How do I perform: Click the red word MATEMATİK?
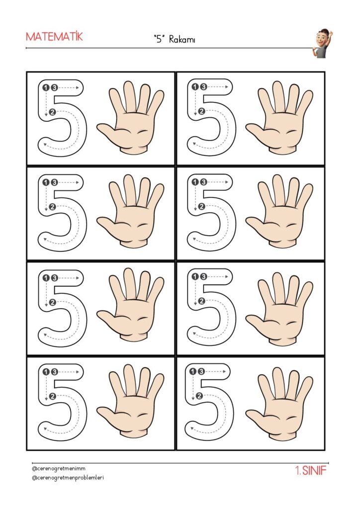pos(54,36)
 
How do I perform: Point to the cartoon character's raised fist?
pos(331,32)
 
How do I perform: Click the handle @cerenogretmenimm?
pos(59,469)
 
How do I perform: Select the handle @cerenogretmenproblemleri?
pos(68,478)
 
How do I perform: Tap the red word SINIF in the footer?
pos(314,471)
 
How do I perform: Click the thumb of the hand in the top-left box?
pos(109,131)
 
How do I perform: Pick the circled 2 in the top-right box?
pos(201,111)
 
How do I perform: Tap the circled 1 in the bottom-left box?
pos(46,372)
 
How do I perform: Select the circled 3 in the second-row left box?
pos(54,182)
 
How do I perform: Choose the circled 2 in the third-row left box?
pos(53,302)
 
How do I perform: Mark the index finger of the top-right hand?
pos(264,100)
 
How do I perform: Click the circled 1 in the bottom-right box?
pos(193,371)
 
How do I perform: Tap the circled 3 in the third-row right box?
pos(203,276)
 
